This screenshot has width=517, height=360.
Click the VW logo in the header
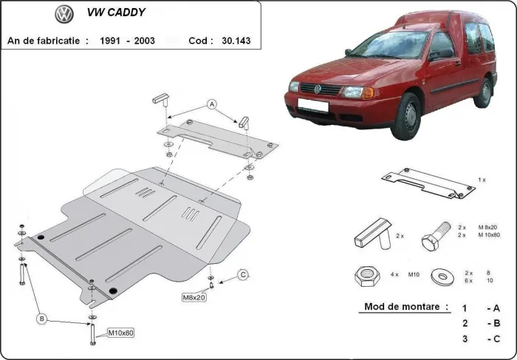64,13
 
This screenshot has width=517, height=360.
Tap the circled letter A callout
211,103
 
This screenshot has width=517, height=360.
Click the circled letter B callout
42,319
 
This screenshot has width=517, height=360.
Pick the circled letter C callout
243,276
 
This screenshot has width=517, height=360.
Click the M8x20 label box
194,297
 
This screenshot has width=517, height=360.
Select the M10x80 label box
120,333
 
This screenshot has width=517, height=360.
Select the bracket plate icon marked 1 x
426,183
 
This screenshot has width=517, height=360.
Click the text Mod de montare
406,306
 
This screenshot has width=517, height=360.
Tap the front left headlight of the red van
358,92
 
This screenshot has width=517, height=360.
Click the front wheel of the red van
406,118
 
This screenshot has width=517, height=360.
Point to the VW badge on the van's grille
318,89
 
